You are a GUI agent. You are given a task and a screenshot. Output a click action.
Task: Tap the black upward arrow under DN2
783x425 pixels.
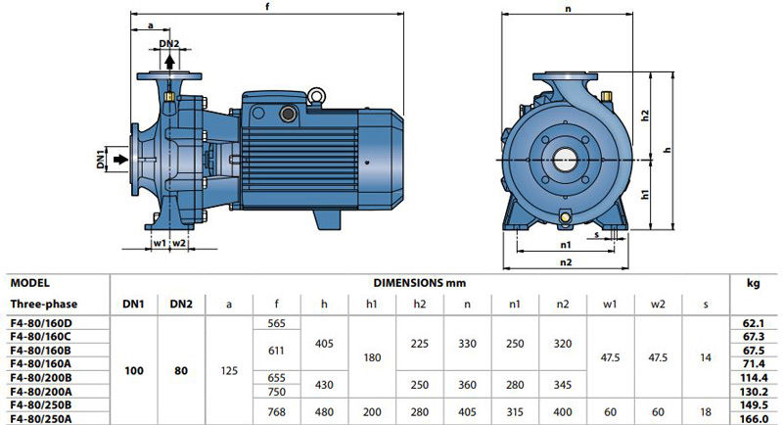point(169,62)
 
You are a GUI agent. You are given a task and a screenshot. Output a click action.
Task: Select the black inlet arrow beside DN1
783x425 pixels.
point(120,160)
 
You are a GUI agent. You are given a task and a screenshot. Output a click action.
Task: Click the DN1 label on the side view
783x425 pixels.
point(101,159)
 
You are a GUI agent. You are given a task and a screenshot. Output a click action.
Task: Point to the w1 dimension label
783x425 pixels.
point(160,243)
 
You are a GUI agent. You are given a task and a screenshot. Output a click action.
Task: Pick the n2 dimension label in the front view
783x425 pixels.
point(566,262)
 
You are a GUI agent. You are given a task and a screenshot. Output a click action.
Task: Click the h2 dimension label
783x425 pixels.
point(645,115)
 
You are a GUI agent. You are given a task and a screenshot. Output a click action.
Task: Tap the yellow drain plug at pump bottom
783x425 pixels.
point(565,216)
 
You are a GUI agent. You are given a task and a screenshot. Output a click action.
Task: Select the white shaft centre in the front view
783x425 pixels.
point(565,160)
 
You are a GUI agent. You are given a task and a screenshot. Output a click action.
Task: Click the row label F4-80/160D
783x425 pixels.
point(41,322)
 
